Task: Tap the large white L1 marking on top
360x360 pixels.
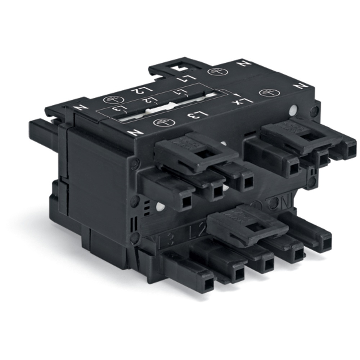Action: [190, 76]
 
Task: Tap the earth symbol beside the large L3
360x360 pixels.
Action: [159, 122]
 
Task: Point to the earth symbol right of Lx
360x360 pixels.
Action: [269, 92]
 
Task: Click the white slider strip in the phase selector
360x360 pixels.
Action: [166, 108]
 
